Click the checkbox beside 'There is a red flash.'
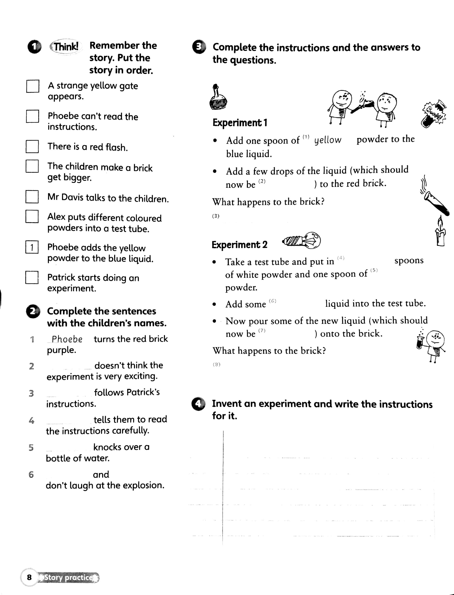pos(32,147)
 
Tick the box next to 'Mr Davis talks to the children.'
pos(32,197)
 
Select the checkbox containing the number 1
pos(32,247)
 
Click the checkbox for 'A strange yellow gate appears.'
pos(33,86)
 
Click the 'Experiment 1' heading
pos(240,123)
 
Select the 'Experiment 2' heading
pos(239,245)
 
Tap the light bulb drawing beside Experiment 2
pos(302,240)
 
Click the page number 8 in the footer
pos(29,577)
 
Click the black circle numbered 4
pos(198,404)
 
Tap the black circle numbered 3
pos(199,47)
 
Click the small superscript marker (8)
pos(216,365)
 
